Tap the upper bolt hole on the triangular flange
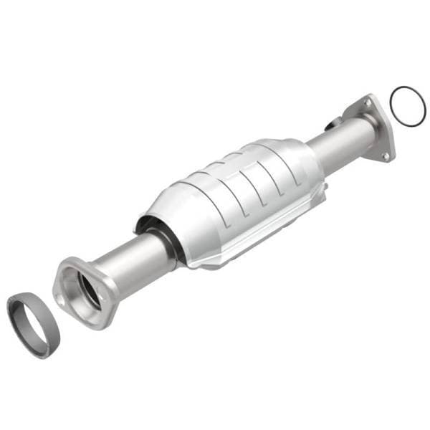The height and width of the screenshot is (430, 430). click(x=368, y=105)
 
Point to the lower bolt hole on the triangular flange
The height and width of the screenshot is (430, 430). click(x=385, y=155)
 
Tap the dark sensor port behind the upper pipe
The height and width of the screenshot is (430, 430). click(x=330, y=125)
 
